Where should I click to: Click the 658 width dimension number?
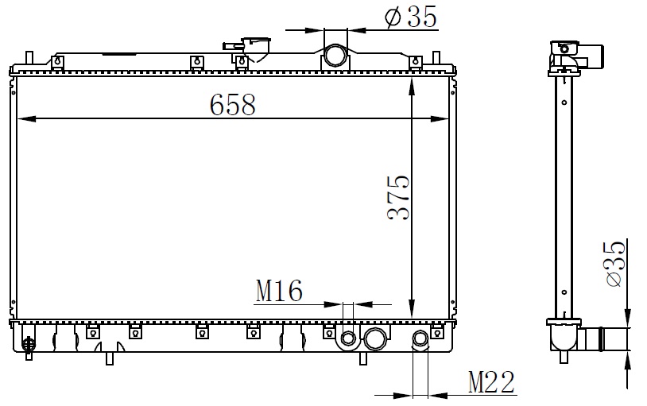233,105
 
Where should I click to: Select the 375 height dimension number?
399,197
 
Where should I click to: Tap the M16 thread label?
279,291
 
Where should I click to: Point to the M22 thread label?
491,382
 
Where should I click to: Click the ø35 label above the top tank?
410,17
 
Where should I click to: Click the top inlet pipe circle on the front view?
335,55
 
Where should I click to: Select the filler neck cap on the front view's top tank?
256,48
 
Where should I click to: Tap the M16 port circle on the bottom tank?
349,338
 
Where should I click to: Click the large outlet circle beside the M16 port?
375,338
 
